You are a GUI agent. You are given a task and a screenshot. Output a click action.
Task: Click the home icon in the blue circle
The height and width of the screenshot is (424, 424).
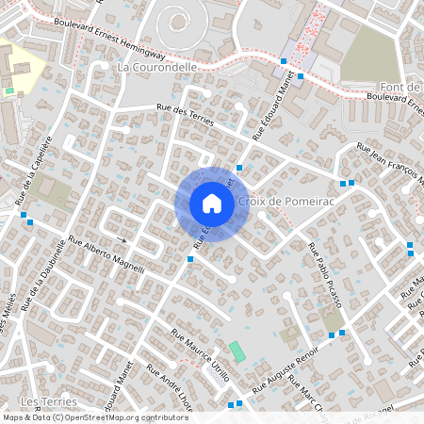tap(212, 204)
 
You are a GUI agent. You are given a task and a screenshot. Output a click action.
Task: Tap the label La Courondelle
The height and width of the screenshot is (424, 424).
tap(157, 68)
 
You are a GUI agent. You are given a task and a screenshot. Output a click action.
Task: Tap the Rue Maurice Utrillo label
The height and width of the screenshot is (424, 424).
tap(201, 355)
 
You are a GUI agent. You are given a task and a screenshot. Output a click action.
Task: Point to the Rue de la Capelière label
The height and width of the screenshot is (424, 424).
tap(31, 178)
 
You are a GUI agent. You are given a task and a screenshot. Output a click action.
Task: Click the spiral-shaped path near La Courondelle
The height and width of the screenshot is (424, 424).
tap(174, 23)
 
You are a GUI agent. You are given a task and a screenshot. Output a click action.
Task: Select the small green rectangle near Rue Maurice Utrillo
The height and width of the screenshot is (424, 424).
tap(236, 351)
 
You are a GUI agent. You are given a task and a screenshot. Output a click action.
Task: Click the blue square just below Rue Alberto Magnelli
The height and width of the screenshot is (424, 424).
tap(190, 259)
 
